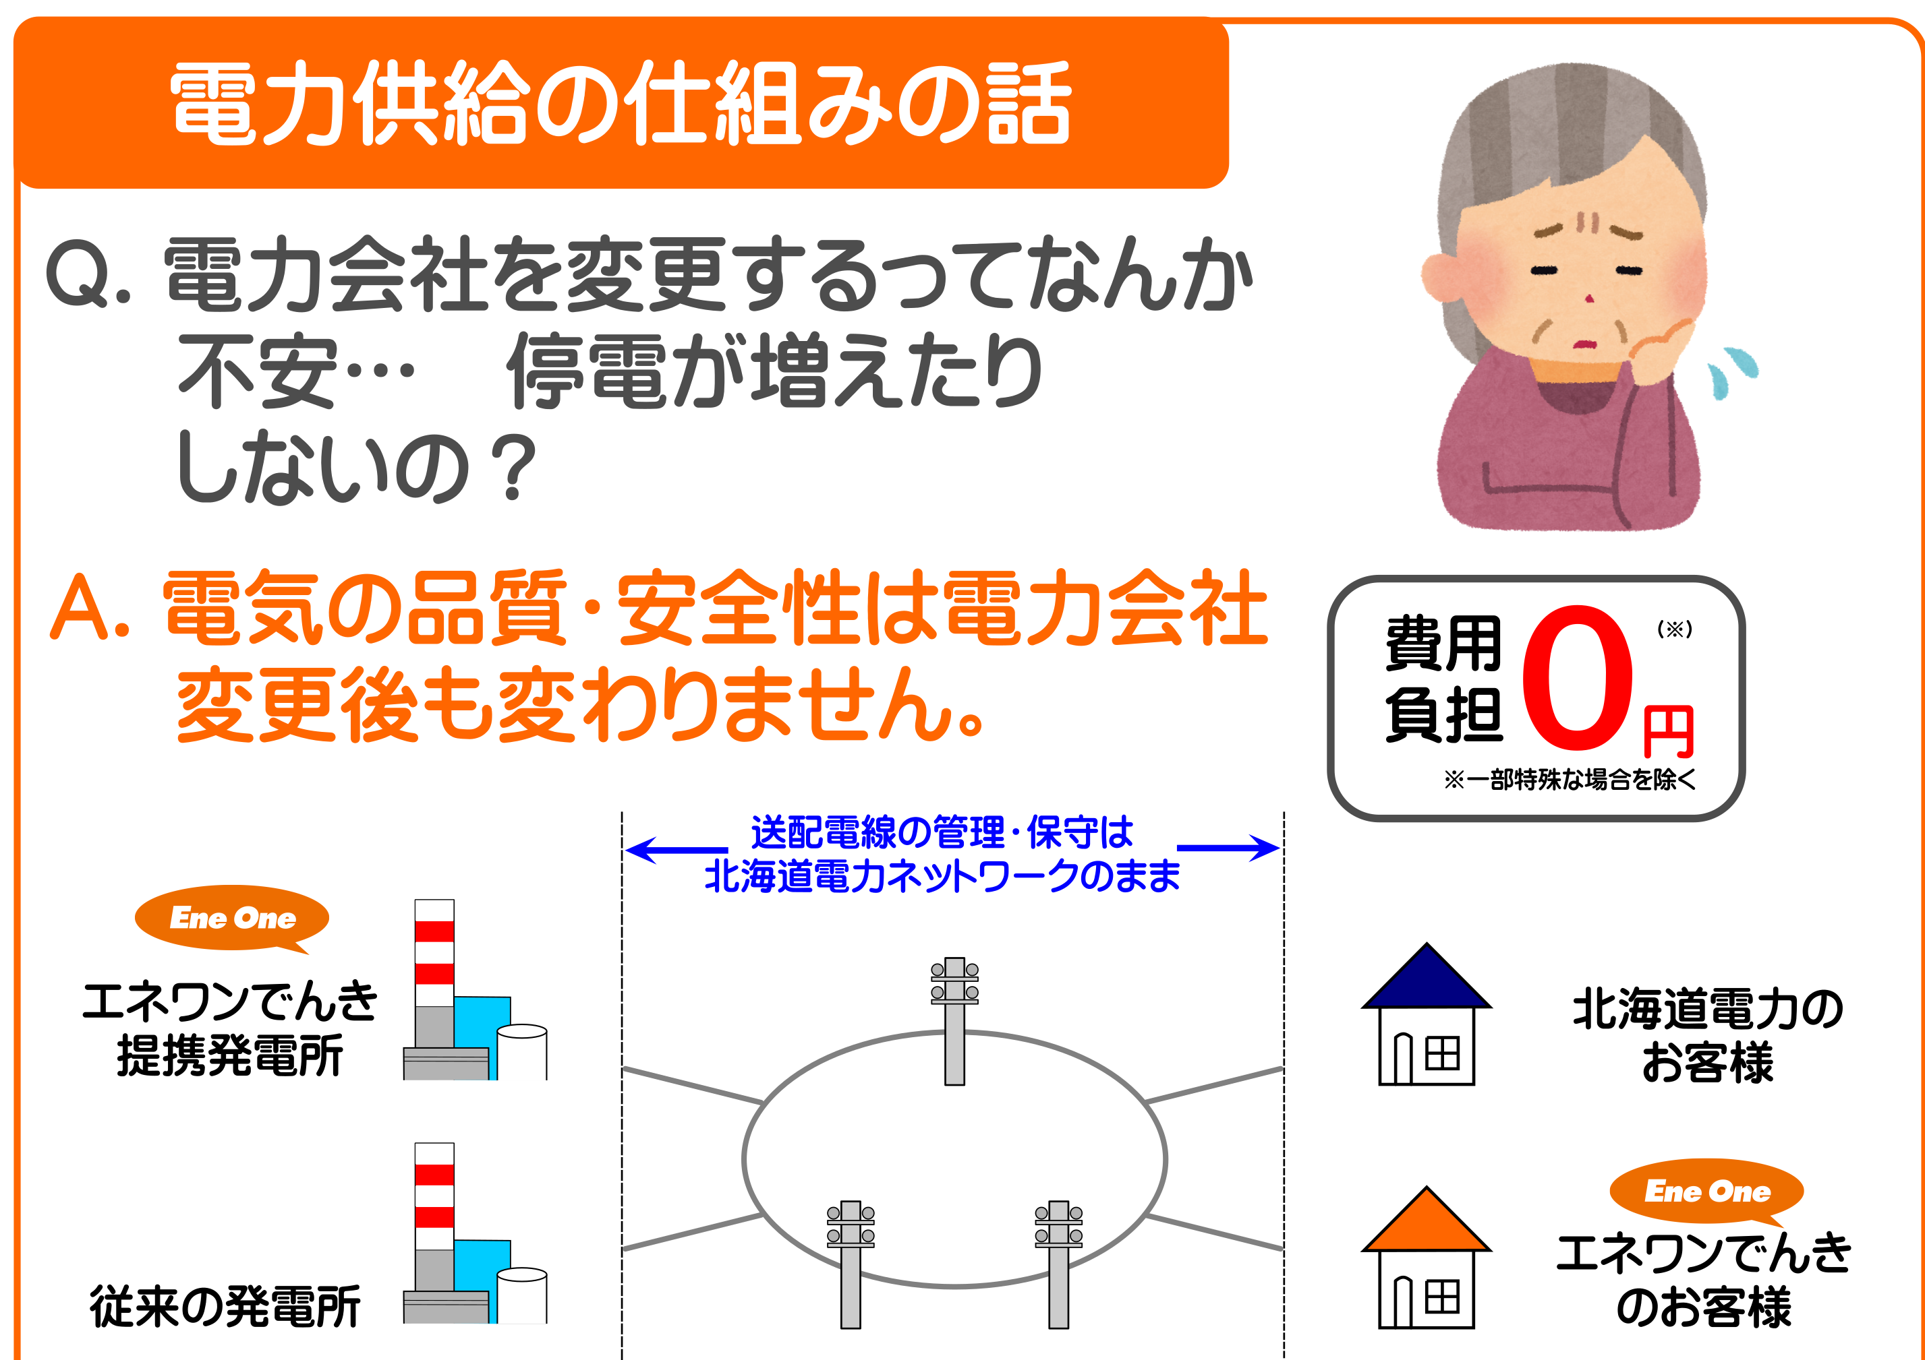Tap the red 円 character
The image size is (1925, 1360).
[1669, 731]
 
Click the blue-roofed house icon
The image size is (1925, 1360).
[1426, 1014]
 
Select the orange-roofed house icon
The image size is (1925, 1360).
[1426, 1258]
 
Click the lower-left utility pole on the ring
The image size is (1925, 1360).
[850, 1264]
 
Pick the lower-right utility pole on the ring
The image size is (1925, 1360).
[1058, 1264]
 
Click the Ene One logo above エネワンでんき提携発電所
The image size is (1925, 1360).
[232, 919]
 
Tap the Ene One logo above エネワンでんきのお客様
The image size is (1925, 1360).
[1707, 1192]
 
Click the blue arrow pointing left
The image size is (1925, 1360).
[676, 850]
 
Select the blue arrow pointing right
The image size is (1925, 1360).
[1228, 848]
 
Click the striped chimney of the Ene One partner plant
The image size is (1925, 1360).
[434, 974]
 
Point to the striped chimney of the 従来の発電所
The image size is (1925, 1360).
[434, 1216]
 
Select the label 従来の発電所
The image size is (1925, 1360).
[225, 1306]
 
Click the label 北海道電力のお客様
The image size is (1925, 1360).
[1708, 1034]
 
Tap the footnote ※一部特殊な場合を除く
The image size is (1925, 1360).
[1570, 780]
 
